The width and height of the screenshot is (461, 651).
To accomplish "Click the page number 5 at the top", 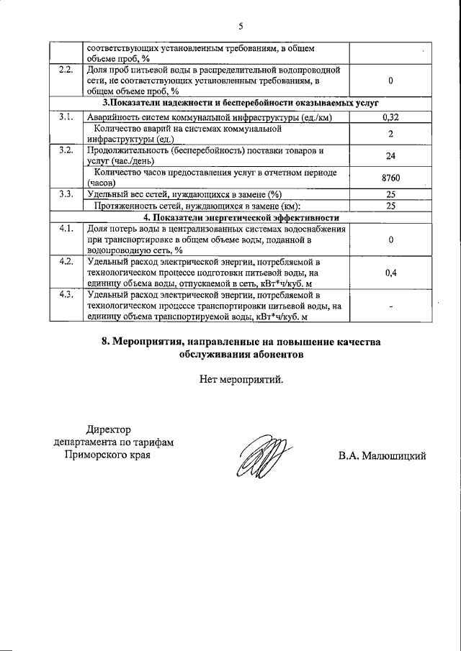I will tap(241, 27).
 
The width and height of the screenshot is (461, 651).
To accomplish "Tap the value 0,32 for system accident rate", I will tap(390, 116).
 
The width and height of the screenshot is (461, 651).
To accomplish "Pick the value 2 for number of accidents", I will tap(390, 134).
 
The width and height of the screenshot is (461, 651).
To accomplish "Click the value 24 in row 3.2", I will tap(390, 155).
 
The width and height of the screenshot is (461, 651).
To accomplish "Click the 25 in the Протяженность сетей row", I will tap(390, 206).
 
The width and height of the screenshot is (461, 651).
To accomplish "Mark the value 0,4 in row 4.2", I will tap(390, 273).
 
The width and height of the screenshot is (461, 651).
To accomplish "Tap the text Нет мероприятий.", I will tap(241, 380).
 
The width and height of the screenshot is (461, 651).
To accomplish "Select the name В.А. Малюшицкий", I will tap(382, 455).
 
